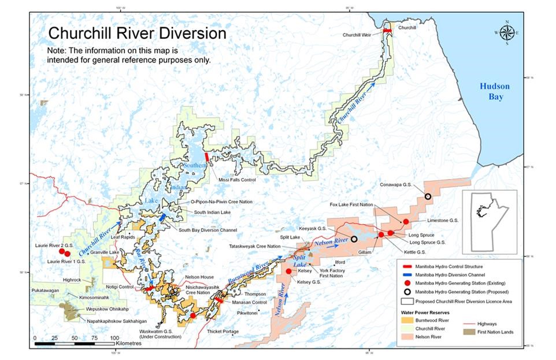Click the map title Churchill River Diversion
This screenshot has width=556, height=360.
(x=136, y=33)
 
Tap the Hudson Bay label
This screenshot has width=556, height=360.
(x=494, y=91)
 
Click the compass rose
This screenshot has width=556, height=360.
(x=506, y=33)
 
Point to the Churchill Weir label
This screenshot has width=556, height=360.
(x=360, y=35)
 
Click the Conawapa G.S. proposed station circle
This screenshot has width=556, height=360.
(x=428, y=197)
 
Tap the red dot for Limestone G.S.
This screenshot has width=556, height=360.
(x=406, y=222)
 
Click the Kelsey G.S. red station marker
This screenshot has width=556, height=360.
(x=288, y=271)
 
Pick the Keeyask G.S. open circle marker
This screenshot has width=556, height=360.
(x=354, y=239)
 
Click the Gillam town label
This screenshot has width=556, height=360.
(x=365, y=253)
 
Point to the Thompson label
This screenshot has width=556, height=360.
(x=255, y=294)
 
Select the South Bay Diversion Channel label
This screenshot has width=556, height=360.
(x=207, y=230)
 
